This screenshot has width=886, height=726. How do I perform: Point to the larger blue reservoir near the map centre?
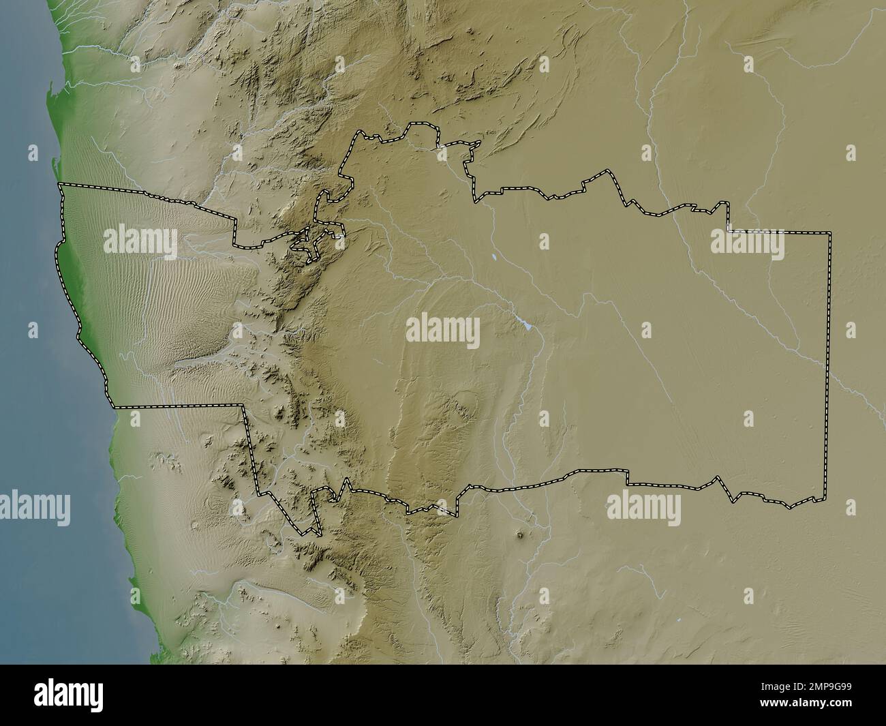pyautogui.click(x=525, y=325)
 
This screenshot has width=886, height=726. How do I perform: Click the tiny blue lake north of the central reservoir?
pyautogui.click(x=492, y=258)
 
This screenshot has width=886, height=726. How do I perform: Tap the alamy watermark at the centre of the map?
pyautogui.click(x=443, y=331)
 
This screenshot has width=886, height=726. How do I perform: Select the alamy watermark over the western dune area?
pyautogui.click(x=140, y=242)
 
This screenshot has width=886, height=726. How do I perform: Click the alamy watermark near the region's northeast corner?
pyautogui.click(x=747, y=243)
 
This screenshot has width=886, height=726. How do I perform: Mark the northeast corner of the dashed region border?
pyautogui.click(x=831, y=233)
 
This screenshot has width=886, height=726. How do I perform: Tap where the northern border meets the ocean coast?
pyautogui.click(x=59, y=184)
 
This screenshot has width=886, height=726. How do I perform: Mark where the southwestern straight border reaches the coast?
pyautogui.click(x=113, y=407)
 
